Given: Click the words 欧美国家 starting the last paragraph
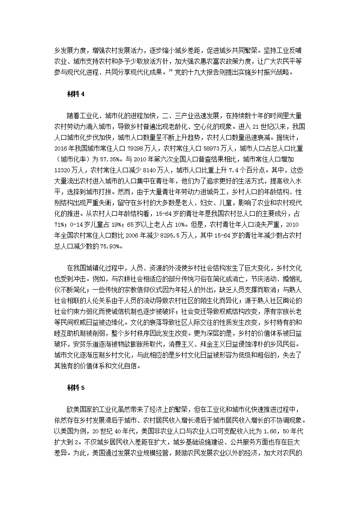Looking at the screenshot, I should pos(82,407).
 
